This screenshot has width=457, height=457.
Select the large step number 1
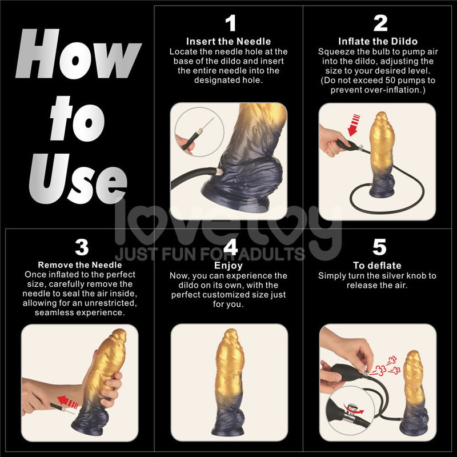click(230, 24)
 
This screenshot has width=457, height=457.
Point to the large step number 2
click(380, 24)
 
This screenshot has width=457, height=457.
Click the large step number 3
click(82, 247)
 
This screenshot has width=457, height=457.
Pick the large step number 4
click(230, 247)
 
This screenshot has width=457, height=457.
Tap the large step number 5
click(380, 247)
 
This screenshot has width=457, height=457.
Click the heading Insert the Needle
click(228, 41)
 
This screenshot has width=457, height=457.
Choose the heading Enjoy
click(228, 266)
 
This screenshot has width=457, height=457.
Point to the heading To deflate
click(377, 266)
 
